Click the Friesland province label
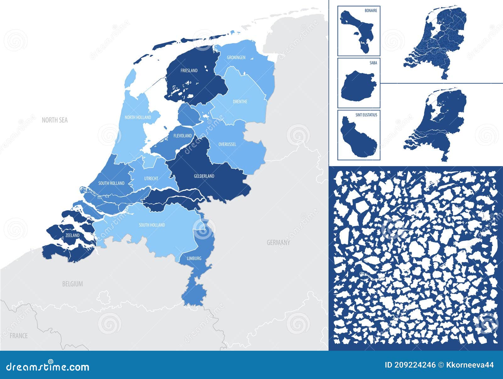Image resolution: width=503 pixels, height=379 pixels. (x=189, y=70)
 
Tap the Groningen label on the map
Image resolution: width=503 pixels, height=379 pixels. (x=236, y=58)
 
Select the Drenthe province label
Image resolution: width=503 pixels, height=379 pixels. (x=240, y=102)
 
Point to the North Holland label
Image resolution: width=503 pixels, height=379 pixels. (x=138, y=117)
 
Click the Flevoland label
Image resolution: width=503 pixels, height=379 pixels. (x=182, y=136)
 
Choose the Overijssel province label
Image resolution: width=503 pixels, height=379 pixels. (x=227, y=144)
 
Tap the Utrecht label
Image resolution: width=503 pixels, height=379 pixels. (x=151, y=178)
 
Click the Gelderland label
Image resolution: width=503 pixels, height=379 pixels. (x=204, y=176)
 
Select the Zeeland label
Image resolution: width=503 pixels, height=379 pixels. (x=72, y=235)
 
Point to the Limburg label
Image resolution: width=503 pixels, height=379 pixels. (x=194, y=258)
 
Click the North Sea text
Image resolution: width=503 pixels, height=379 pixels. (x=55, y=120)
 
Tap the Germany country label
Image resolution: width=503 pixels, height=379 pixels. (x=278, y=242)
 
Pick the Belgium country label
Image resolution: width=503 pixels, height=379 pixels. (x=72, y=284)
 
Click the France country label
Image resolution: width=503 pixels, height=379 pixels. (x=19, y=336)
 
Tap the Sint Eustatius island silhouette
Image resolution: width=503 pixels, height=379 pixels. (x=358, y=138)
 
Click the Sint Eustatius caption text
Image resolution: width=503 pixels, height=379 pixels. (x=366, y=115)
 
